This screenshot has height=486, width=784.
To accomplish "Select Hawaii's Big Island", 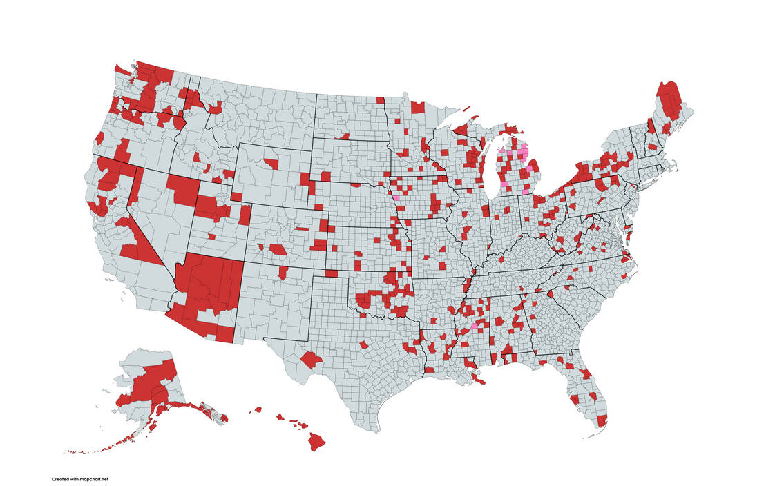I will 317,440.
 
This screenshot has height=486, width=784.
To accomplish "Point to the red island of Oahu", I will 280,416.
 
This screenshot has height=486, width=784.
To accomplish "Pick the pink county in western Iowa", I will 396,196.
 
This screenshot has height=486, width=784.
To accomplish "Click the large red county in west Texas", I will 312,360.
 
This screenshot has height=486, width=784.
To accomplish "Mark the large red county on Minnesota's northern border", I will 417,107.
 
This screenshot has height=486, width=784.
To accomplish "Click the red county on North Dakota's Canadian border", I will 380,100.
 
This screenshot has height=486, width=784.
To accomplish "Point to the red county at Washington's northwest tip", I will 122,69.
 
